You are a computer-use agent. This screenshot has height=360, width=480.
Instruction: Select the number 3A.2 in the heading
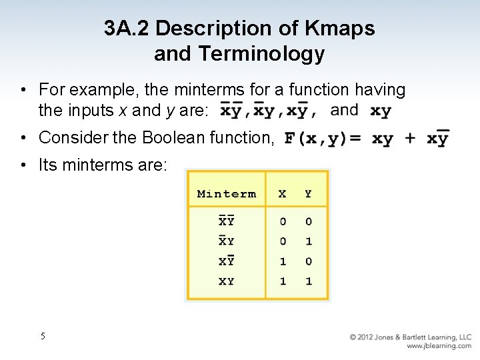pyautogui.click(x=126, y=29)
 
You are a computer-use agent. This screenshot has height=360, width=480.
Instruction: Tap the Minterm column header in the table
pyautogui.click(x=226, y=194)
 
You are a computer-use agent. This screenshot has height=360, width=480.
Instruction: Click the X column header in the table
pyautogui.click(x=283, y=194)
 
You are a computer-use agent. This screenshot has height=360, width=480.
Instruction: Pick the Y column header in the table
pyautogui.click(x=308, y=194)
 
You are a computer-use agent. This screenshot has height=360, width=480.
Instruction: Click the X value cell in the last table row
pyautogui.click(x=283, y=281)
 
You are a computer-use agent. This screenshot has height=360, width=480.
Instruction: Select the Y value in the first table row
pyautogui.click(x=308, y=221)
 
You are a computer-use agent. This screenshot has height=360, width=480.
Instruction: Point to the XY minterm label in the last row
pyautogui.click(x=227, y=281)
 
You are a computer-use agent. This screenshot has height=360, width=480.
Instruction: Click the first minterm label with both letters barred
pyautogui.click(x=227, y=221)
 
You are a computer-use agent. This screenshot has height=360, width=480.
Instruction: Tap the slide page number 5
pyautogui.click(x=43, y=336)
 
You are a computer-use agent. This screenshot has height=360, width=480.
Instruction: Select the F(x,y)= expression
pyautogui.click(x=323, y=139)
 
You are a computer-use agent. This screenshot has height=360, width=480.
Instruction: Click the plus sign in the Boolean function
pyautogui.click(x=410, y=139)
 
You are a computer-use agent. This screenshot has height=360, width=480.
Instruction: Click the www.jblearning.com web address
pyautogui.click(x=439, y=346)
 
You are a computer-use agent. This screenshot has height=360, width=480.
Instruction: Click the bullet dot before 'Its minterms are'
pyautogui.click(x=23, y=165)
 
